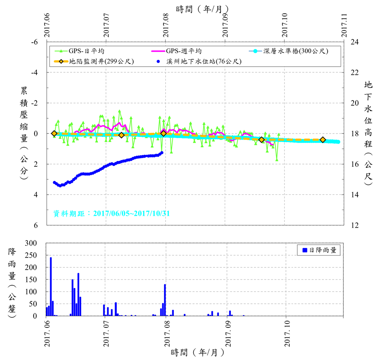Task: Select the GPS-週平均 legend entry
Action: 184,50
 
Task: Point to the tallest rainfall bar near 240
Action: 51,287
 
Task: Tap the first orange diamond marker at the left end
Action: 54,134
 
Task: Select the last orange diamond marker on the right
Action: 323,140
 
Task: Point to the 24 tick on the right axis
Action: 354,42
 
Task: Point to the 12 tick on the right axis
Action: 354,225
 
